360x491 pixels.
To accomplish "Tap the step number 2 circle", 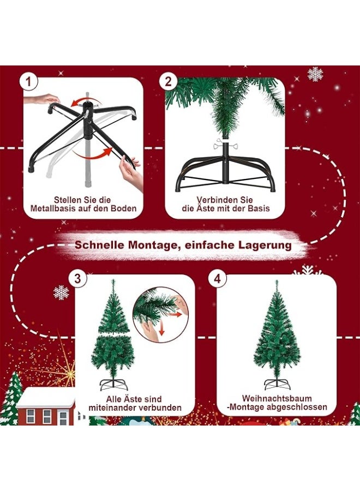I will click(169, 82).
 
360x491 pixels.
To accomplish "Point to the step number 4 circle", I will click(218, 278).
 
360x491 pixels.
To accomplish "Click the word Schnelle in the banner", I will click(99, 245).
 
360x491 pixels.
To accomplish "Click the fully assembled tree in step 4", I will click(277, 333).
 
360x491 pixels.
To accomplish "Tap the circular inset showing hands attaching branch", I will click(160, 315).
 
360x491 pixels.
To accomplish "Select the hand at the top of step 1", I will click(44, 99).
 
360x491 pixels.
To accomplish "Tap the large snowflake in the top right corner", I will click(315, 74).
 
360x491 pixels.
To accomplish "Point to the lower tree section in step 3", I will click(112, 355).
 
